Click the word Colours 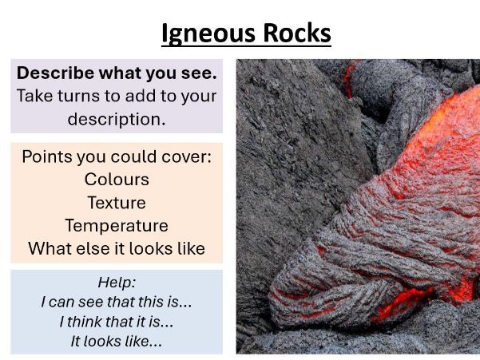click(x=117, y=180)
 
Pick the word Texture click(x=117, y=203)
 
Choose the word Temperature click(x=117, y=225)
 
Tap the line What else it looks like click(x=117, y=248)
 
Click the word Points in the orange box click(x=46, y=156)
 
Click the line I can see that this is click(x=117, y=303)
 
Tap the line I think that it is click(x=117, y=322)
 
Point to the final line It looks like click(x=117, y=341)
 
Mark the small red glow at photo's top click(x=348, y=75)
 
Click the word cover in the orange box click(x=185, y=156)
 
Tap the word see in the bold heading click(x=186, y=73)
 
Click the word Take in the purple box click(x=35, y=97)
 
